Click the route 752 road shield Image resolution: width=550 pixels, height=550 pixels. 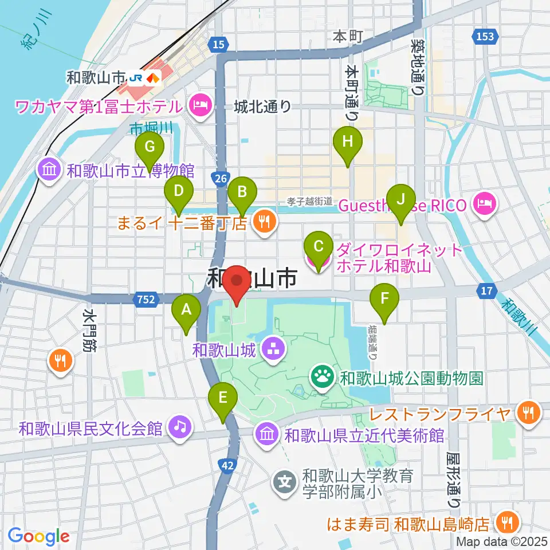[x=144, y=298]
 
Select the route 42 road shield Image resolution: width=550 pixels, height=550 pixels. [x=227, y=466]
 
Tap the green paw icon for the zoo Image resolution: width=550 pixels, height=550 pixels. [x=321, y=377]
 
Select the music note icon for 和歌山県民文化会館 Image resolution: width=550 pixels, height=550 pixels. [x=180, y=428]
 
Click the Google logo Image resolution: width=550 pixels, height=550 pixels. [x=38, y=536]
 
